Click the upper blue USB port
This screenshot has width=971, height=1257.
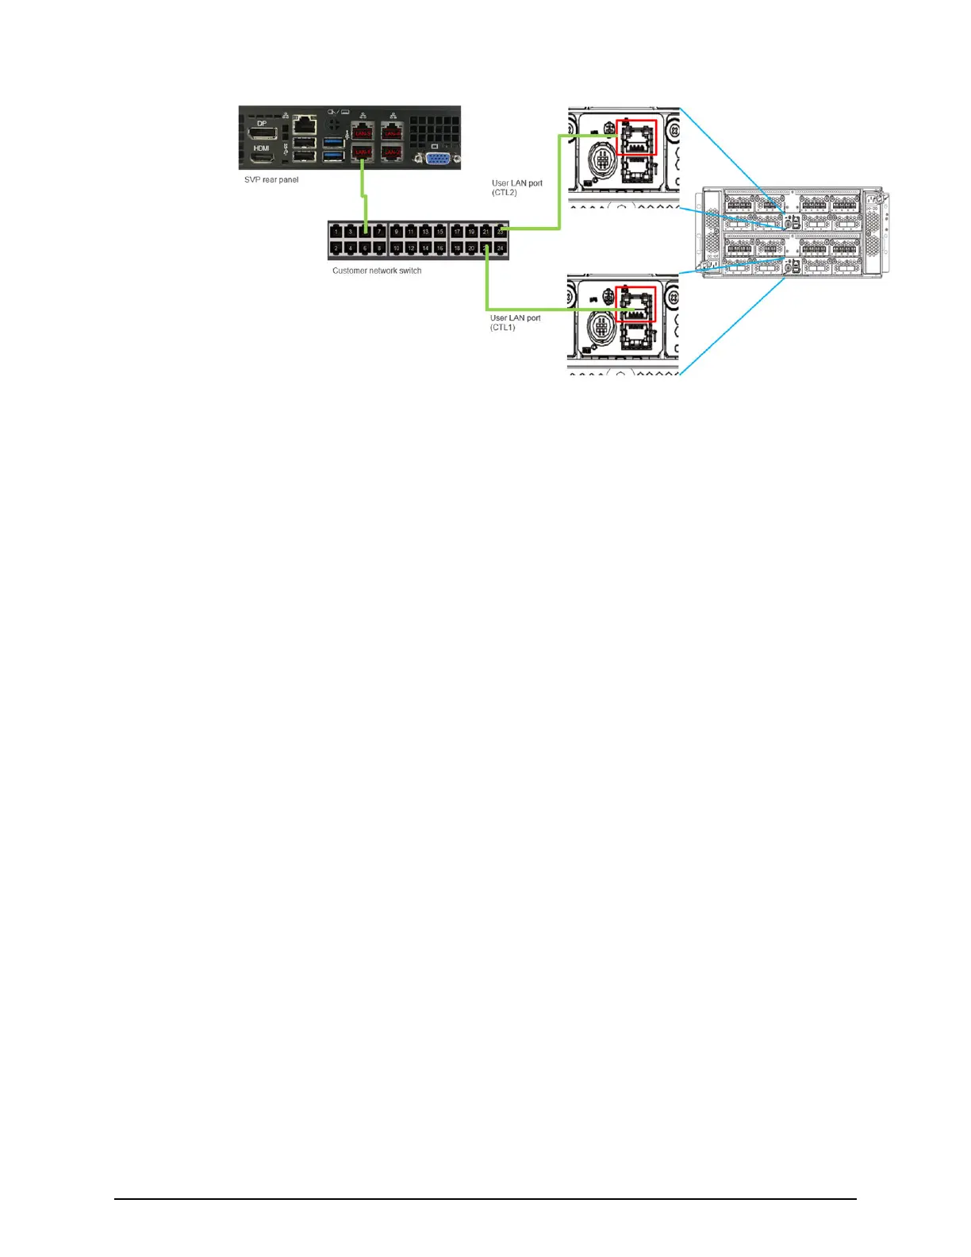point(333,143)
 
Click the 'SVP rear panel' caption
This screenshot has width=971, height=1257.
point(271,180)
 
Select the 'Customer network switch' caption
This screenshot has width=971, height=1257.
point(377,271)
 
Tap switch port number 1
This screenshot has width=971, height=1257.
point(336,232)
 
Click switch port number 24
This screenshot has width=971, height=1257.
point(501,248)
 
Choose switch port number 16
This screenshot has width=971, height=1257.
point(440,248)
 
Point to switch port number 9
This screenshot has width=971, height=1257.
point(396,232)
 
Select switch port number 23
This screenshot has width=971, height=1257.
point(501,232)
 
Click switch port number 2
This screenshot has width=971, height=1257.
point(336,248)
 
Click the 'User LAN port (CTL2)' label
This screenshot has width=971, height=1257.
point(516,187)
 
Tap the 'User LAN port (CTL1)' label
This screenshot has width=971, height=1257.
point(515,322)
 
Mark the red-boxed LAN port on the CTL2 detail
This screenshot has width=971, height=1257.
point(636,137)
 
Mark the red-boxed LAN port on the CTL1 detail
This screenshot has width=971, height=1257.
point(636,304)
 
